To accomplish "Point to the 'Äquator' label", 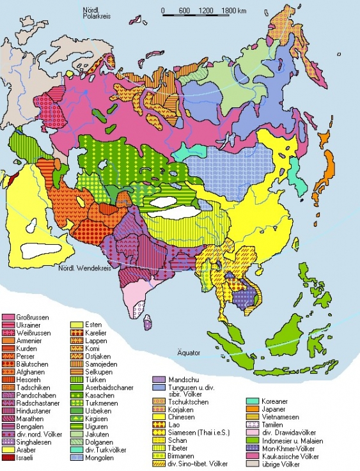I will [189, 352].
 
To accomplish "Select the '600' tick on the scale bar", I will [184, 11].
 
